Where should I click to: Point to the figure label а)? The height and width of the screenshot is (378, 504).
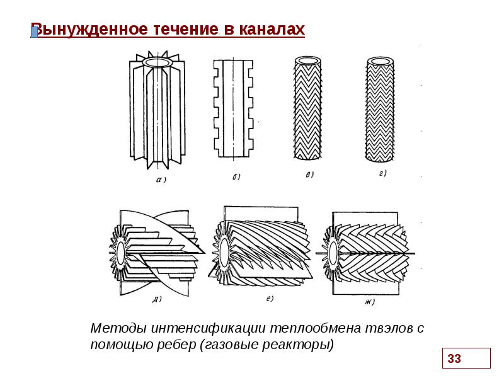[161, 180]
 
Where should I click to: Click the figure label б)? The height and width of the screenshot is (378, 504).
[235, 177]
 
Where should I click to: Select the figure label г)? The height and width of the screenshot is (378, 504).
[382, 173]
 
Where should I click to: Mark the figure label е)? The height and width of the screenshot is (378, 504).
[270, 297]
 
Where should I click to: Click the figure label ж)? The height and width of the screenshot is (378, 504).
[369, 302]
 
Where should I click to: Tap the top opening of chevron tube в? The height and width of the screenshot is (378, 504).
[309, 60]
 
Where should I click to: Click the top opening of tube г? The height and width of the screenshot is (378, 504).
[380, 60]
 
